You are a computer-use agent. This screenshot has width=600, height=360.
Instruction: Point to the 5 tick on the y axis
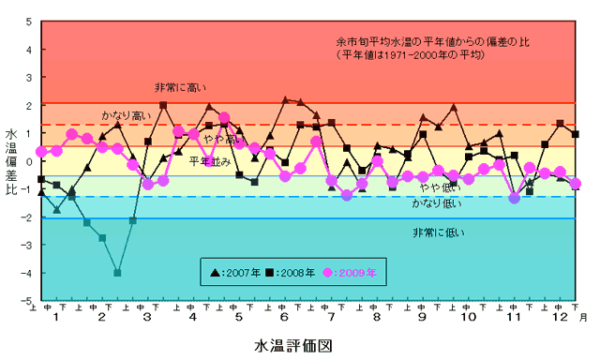28,21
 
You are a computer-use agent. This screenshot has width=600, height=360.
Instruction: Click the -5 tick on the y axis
26,301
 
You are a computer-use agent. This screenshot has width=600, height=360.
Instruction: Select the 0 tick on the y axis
28,161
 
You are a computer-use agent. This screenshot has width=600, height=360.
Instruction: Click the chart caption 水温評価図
295,344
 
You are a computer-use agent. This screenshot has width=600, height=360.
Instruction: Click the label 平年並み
208,161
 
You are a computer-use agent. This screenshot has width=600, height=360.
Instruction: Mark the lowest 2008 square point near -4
117,273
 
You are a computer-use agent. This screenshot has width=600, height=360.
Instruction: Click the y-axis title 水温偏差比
11,161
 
